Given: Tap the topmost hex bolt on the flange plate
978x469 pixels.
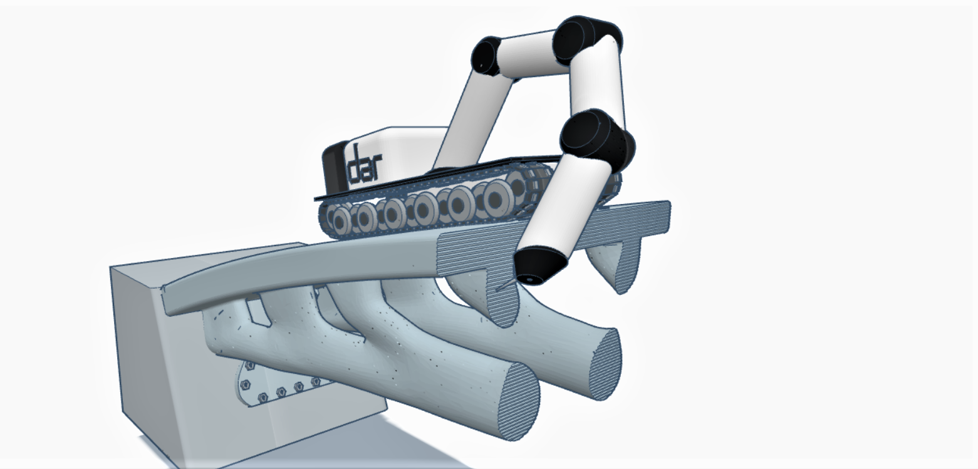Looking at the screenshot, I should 249,365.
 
